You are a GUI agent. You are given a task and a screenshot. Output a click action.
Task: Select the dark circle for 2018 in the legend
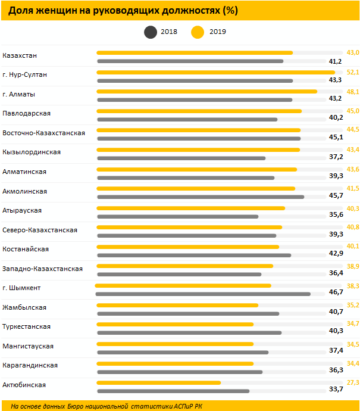(149, 32)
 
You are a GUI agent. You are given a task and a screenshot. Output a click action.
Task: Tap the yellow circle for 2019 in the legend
(198, 32)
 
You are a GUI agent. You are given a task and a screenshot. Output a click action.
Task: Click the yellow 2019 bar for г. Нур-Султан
(215, 72)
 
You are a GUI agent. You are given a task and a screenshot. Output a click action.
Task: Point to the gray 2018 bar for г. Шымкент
(203, 294)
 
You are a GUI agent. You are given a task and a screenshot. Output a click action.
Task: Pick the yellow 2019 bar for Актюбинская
(158, 382)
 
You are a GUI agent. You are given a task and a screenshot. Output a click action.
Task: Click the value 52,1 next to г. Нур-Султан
(353, 72)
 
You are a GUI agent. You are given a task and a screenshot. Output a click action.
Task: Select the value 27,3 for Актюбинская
(353, 382)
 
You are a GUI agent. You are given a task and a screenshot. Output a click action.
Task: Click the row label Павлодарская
(27, 113)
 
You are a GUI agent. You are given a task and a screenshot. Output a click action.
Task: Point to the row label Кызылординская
(32, 152)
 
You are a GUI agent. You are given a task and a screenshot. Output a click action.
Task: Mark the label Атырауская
(22, 210)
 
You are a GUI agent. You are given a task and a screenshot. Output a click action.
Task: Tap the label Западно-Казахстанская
(42, 269)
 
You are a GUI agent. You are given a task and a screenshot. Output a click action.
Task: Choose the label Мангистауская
(28, 346)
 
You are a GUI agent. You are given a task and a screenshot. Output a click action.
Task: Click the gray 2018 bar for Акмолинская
(200, 197)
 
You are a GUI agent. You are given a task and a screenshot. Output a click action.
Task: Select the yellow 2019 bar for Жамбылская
(177, 305)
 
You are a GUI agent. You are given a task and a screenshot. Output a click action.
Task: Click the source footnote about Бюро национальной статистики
(107, 406)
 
